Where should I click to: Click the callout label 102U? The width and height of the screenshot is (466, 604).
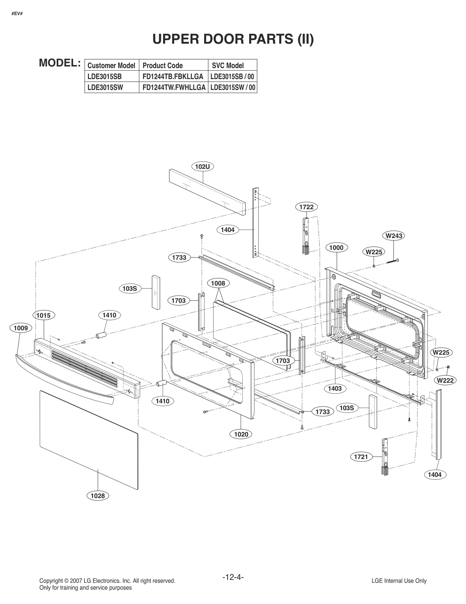pos(202,167)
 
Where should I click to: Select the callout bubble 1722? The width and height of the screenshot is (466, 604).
pos(306,207)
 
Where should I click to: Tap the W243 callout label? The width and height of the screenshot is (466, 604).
pos(394,236)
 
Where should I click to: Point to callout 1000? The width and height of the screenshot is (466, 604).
pos(336,248)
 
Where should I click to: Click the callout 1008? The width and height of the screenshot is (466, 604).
pos(218,283)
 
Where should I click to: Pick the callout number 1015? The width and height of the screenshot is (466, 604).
pos(43,315)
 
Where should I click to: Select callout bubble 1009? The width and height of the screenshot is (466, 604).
pos(21,328)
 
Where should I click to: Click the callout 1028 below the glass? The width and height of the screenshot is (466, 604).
pos(98,496)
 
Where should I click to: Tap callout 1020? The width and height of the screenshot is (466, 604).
pos(241,434)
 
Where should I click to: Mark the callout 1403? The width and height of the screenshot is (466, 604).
pos(335,388)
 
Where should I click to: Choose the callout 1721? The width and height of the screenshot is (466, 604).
pos(361,457)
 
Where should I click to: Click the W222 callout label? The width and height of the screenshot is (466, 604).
pos(445,380)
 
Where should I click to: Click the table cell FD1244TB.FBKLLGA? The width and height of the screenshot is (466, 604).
pos(173,77)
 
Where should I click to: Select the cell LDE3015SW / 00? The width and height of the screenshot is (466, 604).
pos(232,87)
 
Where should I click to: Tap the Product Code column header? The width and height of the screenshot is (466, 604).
pos(163,66)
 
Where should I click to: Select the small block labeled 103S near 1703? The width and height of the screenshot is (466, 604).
pos(156,292)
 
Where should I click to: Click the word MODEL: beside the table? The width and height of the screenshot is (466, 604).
pos(60,63)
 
